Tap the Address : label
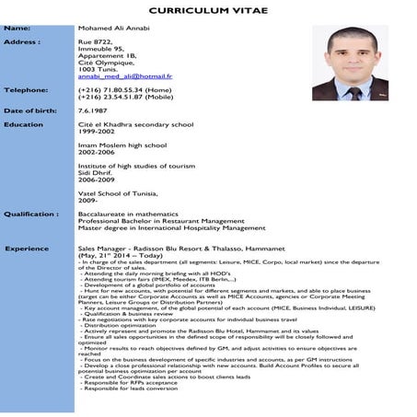tap(21, 42)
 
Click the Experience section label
tap(27, 249)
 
